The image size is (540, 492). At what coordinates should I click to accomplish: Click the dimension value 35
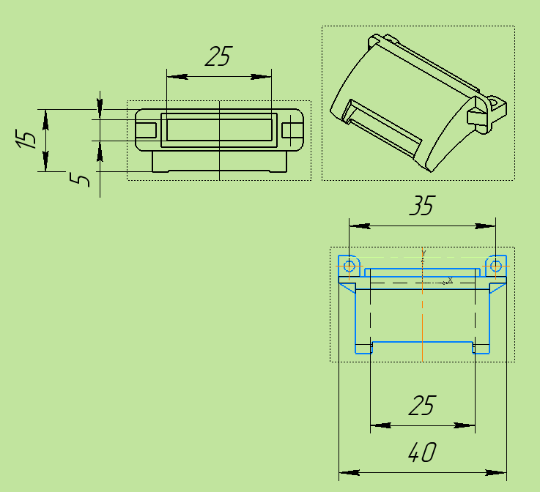[423, 206]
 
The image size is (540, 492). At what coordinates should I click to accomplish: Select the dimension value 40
[423, 452]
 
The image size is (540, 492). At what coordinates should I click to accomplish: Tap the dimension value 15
[26, 138]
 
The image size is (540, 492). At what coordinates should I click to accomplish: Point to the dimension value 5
[80, 179]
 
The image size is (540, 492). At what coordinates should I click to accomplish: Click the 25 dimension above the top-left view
[219, 56]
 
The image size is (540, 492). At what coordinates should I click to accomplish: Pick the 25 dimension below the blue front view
[423, 405]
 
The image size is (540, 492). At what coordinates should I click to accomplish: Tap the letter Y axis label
[424, 253]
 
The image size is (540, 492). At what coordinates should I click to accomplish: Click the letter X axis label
[450, 280]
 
